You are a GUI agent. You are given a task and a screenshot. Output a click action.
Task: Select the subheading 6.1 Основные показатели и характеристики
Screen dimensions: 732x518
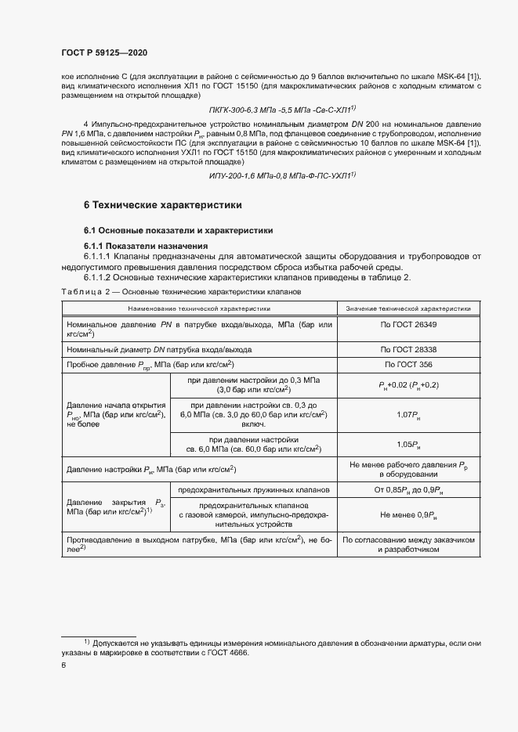tap(178, 231)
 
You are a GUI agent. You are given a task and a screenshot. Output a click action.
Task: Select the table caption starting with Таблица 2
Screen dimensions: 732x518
tap(176, 290)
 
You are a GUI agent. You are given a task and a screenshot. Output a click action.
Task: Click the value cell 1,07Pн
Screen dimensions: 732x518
tap(408, 413)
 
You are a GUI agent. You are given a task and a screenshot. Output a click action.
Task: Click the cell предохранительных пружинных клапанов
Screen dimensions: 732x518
tap(254, 489)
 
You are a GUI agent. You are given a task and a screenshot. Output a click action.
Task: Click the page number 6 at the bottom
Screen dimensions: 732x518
tap(63, 665)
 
